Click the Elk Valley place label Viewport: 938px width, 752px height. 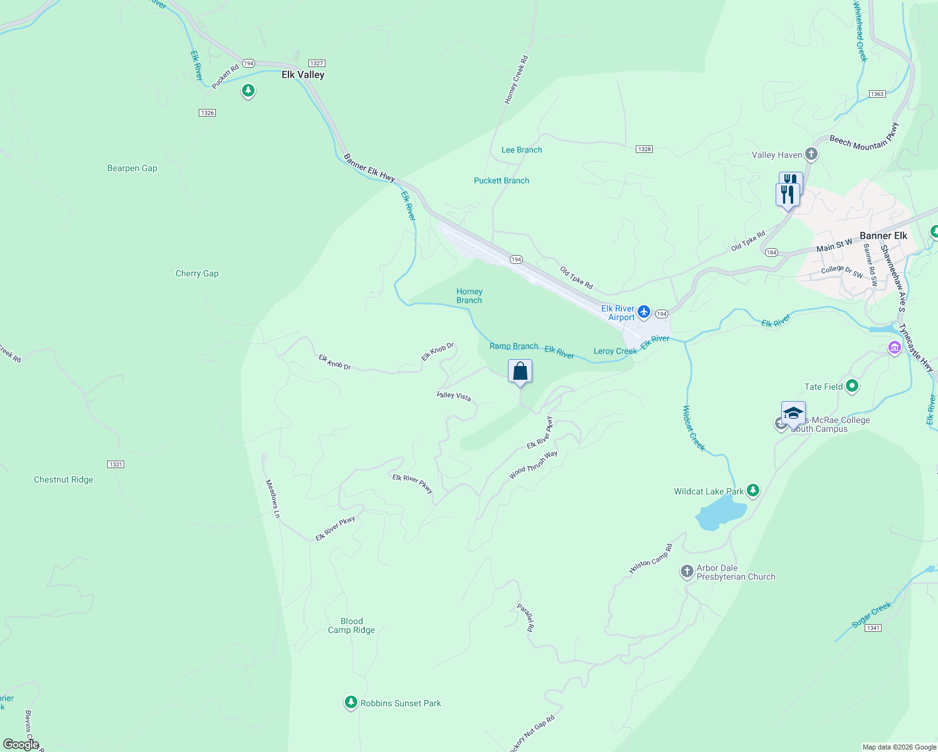tap(303, 75)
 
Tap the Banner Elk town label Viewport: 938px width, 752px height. tap(883, 236)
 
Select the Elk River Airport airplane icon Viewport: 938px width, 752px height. tap(644, 312)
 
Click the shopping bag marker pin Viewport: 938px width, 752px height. tap(520, 372)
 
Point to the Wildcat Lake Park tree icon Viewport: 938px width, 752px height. tap(753, 491)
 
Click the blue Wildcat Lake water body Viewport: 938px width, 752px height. tap(719, 516)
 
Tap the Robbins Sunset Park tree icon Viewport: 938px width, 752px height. tap(351, 702)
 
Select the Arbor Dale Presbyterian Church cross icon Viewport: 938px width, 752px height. tap(687, 572)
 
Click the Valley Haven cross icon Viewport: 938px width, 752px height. tap(811, 154)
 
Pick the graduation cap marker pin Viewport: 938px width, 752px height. tap(793, 414)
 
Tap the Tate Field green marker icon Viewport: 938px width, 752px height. tap(851, 386)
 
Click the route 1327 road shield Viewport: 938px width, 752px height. tap(317, 63)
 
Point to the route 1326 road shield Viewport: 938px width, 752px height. tap(207, 113)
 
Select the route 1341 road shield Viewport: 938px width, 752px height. tap(873, 628)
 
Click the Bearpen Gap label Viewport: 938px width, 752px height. tap(132, 168)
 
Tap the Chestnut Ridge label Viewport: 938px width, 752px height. tap(63, 479)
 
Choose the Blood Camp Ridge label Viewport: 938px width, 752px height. tap(351, 625)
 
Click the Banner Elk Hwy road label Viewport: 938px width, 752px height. tap(369, 168)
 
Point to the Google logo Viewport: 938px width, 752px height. tap(21, 744)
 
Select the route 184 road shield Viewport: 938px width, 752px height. tap(771, 253)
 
